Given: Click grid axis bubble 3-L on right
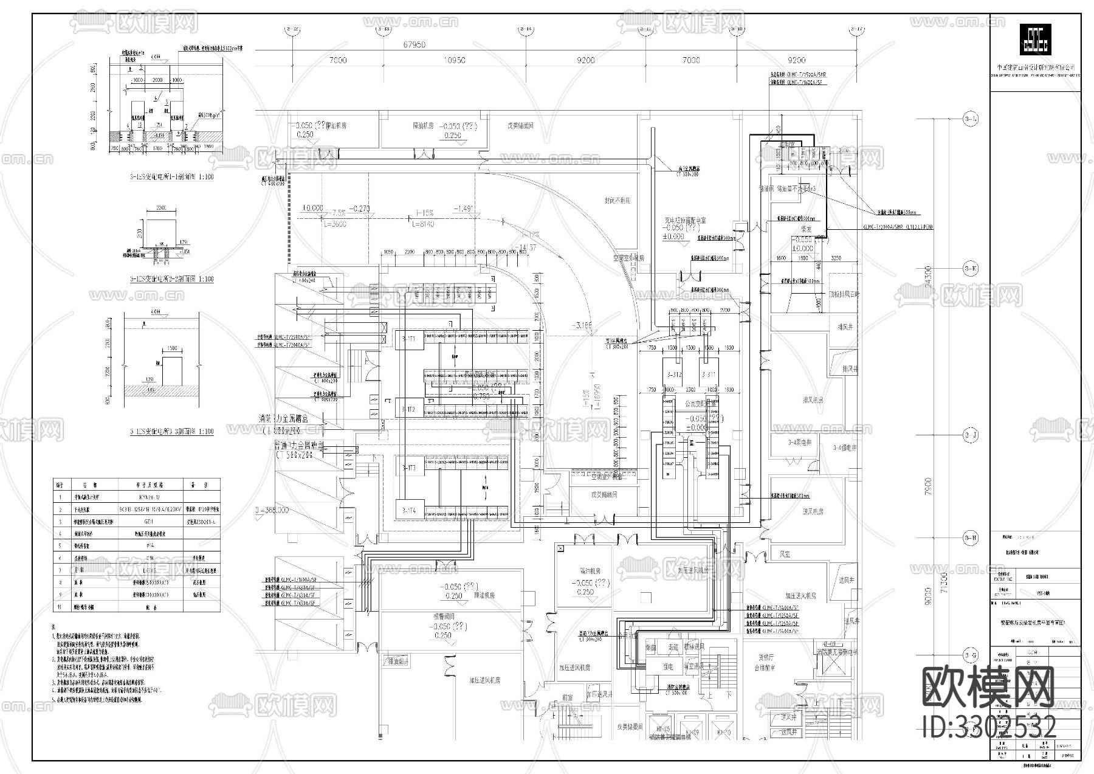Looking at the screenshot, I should click(971, 119).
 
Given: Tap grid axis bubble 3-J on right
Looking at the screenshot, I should click(971, 435).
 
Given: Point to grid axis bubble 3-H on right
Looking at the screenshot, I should click(971, 537).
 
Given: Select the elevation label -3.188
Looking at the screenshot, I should click(581, 326).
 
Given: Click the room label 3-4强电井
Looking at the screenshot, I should click(844, 447).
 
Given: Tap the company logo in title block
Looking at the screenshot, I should click(1035, 44).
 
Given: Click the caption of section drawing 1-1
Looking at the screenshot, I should click(171, 177).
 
